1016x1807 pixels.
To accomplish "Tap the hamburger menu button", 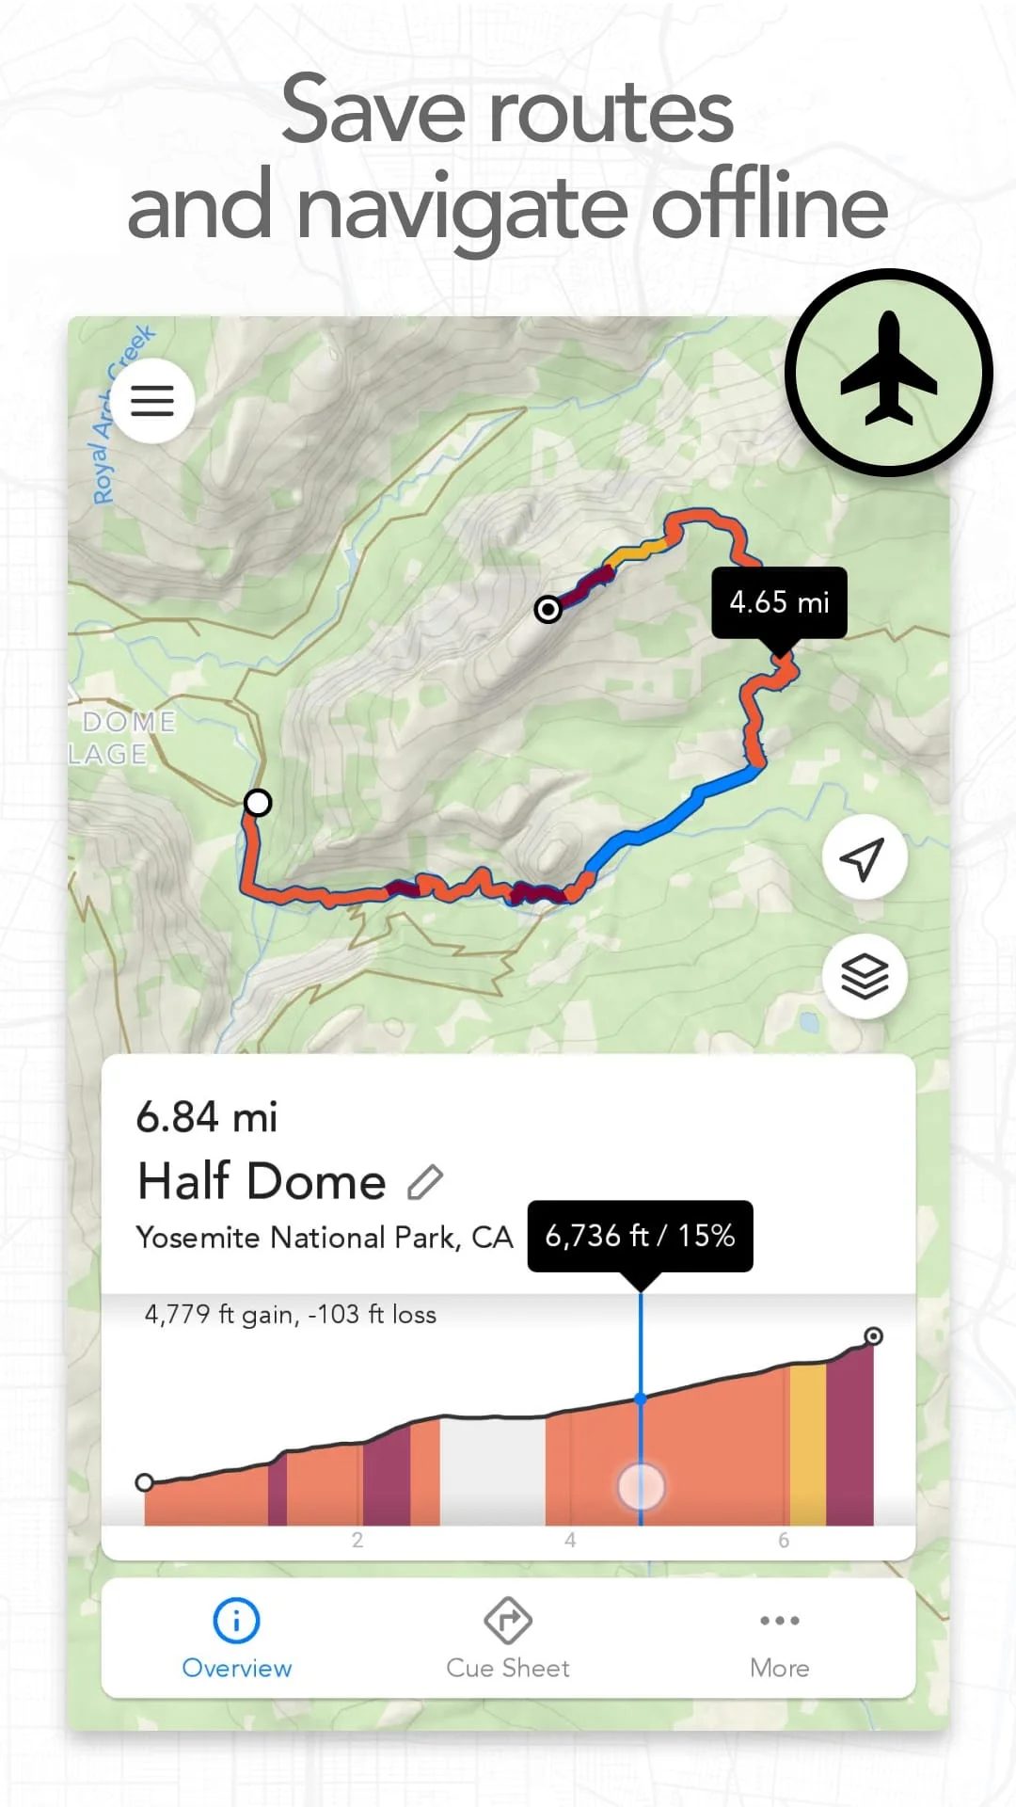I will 152,401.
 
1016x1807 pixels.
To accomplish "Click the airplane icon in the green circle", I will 888,373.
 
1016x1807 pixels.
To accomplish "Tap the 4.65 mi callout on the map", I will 779,602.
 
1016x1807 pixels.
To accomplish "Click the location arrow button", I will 864,857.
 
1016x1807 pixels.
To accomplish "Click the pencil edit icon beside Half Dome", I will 425,1181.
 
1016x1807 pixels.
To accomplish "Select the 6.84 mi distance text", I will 207,1117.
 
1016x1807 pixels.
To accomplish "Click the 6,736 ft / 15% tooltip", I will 640,1235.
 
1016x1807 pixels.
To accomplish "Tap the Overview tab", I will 236,1639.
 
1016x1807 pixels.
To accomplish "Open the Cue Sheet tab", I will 508,1639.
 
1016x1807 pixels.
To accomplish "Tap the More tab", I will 779,1639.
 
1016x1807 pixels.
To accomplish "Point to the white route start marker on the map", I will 258,802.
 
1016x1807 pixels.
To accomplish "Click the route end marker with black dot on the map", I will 548,609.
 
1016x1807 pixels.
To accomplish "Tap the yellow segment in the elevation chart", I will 807,1445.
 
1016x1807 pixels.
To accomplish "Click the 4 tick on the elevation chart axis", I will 570,1541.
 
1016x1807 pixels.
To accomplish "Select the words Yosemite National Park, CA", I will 325,1237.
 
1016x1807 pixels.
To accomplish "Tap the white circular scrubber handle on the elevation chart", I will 641,1486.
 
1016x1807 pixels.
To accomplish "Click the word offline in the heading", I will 770,206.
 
